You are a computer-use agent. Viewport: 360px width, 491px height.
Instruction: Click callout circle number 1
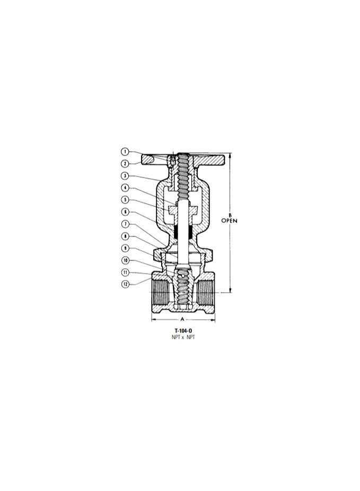click(125, 152)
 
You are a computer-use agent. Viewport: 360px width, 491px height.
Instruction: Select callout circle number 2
click(125, 163)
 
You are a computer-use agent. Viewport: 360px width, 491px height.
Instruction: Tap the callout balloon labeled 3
click(125, 176)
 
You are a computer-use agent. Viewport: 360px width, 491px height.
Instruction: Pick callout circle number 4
click(125, 188)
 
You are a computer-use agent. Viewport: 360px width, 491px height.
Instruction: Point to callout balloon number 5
click(125, 199)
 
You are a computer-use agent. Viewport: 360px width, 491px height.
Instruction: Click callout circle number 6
click(125, 212)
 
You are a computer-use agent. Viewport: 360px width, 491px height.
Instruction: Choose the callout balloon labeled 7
click(125, 224)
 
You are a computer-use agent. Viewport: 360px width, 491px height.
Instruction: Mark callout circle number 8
click(125, 236)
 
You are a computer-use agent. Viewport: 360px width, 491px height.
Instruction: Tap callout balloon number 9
click(125, 248)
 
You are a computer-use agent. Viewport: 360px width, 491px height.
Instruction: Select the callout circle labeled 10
click(125, 260)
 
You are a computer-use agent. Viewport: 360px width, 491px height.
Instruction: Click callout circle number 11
click(125, 272)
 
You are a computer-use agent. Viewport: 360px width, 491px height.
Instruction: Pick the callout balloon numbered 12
click(125, 284)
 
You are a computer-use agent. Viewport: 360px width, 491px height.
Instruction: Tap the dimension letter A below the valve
click(182, 320)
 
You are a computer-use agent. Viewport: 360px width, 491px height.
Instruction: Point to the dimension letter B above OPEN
click(230, 215)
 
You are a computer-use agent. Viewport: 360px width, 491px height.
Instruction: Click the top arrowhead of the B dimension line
click(230, 155)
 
